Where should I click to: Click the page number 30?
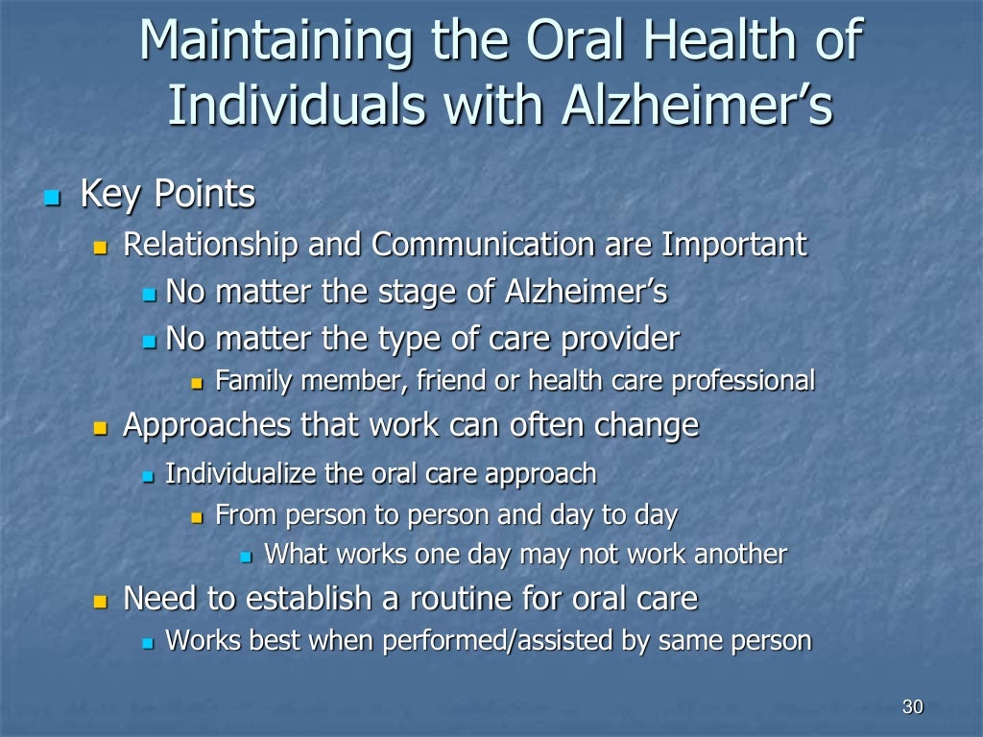[912, 707]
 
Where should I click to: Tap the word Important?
[734, 246]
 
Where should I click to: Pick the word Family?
[255, 381]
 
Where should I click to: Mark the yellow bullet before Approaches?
[101, 427]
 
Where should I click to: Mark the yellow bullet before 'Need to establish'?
[101, 602]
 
